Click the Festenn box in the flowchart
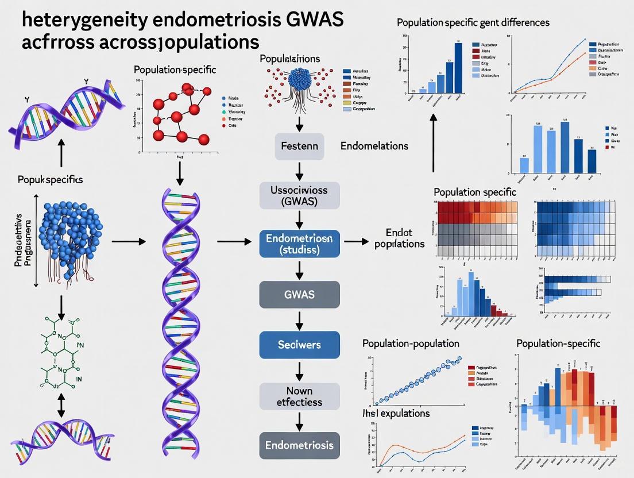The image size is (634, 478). (x=299, y=146)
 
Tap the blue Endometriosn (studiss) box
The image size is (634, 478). (x=299, y=243)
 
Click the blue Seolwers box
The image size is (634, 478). (x=299, y=345)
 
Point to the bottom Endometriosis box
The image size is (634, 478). (x=299, y=445)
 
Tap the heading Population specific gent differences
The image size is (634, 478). (x=473, y=22)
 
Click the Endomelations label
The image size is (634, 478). (x=374, y=146)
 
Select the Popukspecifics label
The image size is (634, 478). (x=49, y=179)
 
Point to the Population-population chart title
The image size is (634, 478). (x=411, y=343)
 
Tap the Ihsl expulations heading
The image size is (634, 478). (x=396, y=413)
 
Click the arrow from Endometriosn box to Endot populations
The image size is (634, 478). (x=355, y=242)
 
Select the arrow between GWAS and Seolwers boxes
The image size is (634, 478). (x=299, y=319)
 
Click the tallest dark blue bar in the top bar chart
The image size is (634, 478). (x=458, y=67)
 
